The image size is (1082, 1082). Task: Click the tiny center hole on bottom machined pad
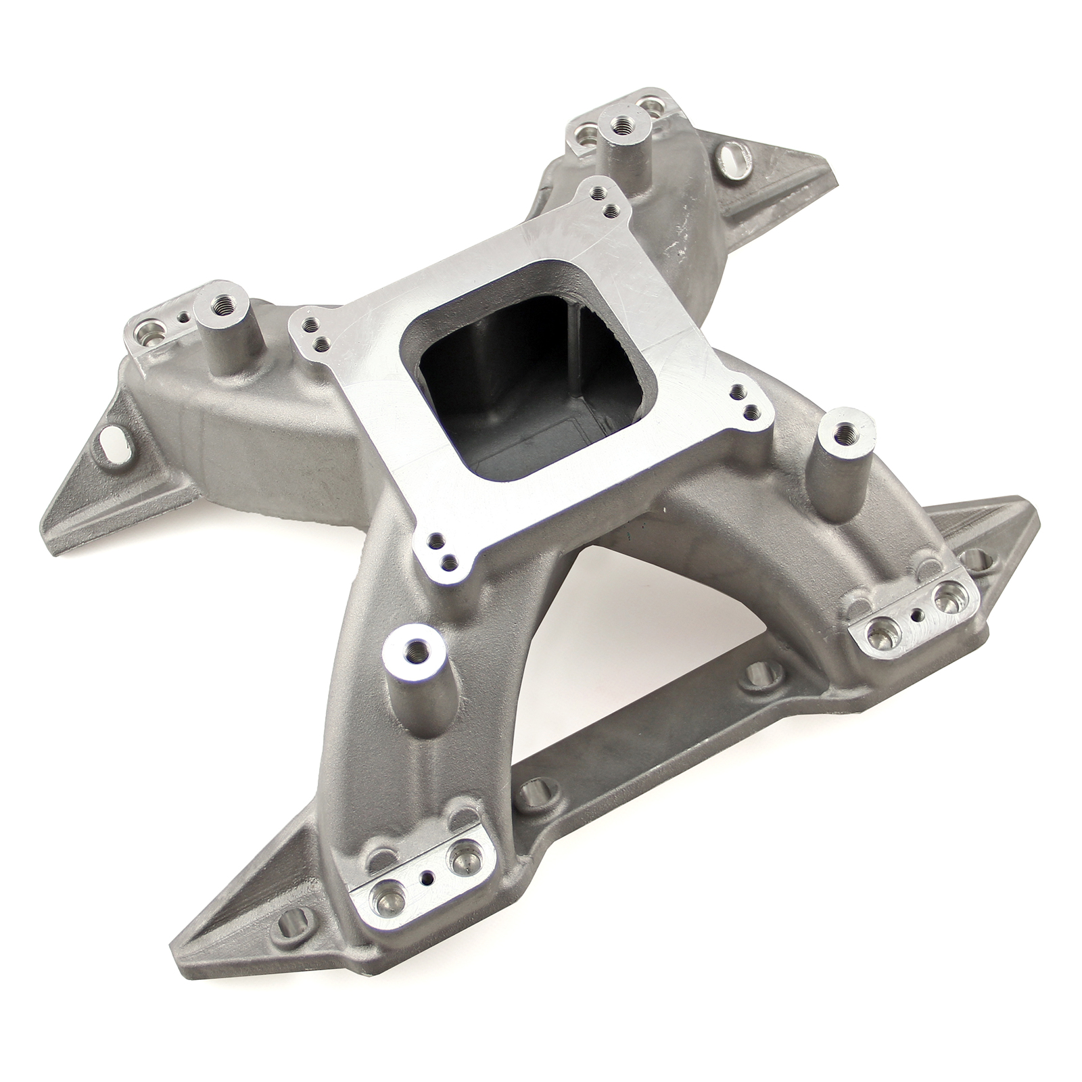pyautogui.click(x=427, y=874)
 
